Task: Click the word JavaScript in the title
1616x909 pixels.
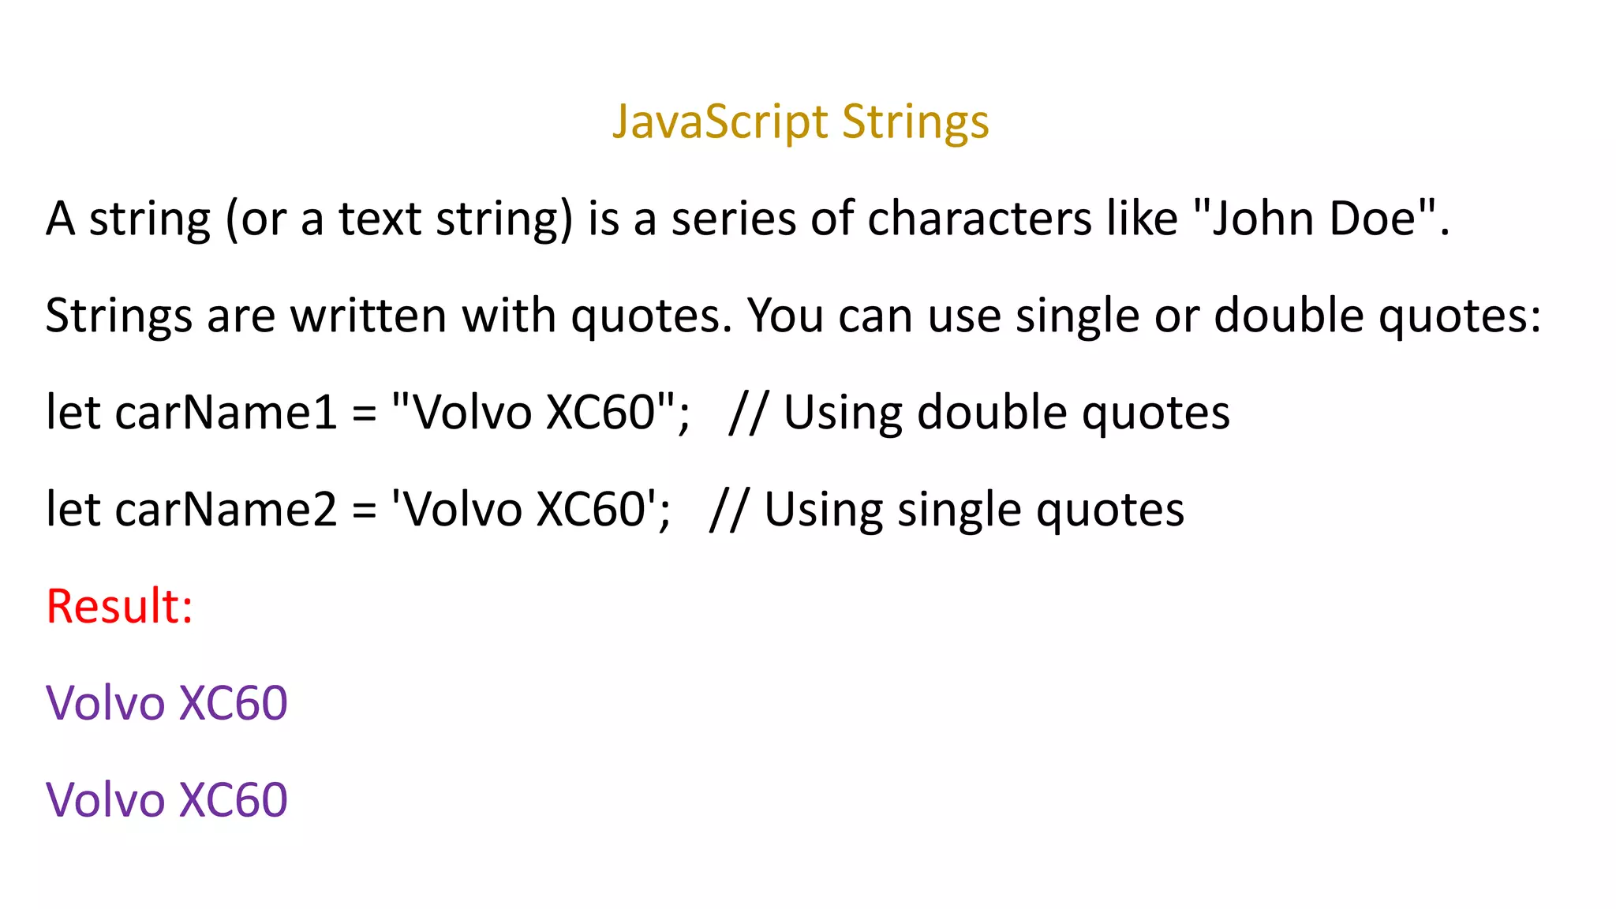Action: click(x=720, y=122)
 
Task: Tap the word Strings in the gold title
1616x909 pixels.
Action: click(x=915, y=122)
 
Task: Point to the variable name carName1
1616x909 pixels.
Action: click(x=226, y=413)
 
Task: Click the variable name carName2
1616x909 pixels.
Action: click(x=226, y=510)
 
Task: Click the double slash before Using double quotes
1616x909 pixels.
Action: click(x=747, y=413)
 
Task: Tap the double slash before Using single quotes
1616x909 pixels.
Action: click(x=728, y=510)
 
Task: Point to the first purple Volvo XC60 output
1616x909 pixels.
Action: click(x=166, y=703)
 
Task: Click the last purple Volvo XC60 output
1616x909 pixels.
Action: click(x=166, y=800)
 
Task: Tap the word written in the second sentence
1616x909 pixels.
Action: click(x=368, y=316)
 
